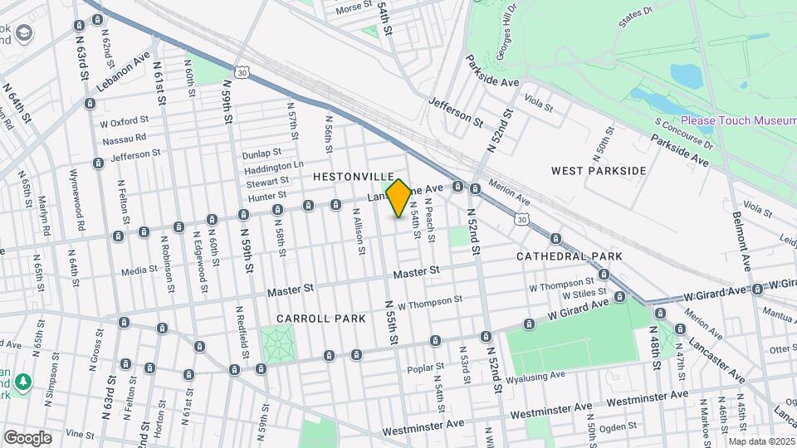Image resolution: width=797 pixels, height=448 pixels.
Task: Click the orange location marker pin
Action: click(x=399, y=198)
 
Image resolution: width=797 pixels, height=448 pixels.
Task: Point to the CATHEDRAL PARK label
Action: click(x=570, y=256)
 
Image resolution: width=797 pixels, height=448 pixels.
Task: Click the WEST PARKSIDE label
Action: click(x=599, y=171)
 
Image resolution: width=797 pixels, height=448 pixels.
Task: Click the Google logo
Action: click(x=27, y=437)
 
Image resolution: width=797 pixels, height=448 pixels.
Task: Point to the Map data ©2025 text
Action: click(x=762, y=441)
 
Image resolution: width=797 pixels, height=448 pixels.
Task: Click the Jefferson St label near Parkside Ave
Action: click(x=456, y=111)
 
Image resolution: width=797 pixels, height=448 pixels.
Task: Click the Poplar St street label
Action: click(x=421, y=368)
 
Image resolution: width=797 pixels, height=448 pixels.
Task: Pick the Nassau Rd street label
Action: click(x=125, y=138)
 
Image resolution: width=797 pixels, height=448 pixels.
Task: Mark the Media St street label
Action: click(x=139, y=270)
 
